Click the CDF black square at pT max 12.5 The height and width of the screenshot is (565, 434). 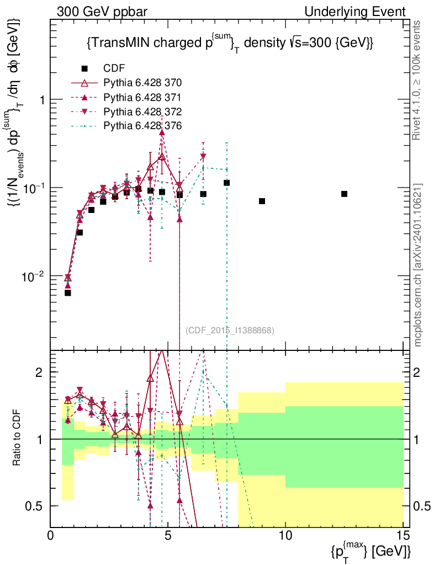coord(344,194)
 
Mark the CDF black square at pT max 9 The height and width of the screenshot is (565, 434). coord(262,201)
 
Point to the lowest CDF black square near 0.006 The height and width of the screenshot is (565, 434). coord(68,292)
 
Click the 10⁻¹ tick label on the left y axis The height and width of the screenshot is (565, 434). coord(35,188)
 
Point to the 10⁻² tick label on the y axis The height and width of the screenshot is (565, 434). coord(35,275)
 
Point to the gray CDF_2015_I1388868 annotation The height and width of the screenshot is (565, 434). coord(230,330)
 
